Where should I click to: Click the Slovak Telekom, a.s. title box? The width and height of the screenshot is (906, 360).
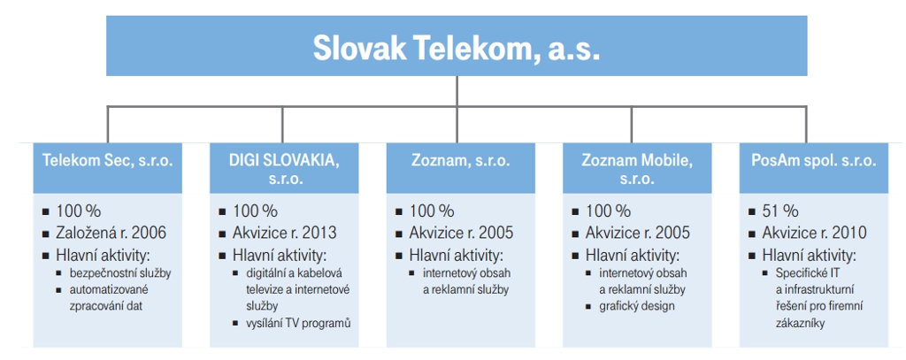457,46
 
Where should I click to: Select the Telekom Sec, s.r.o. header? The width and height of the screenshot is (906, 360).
107,167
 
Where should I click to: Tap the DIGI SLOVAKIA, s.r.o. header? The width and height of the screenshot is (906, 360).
284,167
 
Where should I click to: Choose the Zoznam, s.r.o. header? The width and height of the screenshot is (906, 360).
460,167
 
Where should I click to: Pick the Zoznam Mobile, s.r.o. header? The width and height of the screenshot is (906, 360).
637,167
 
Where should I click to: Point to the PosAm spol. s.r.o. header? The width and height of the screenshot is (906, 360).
814,167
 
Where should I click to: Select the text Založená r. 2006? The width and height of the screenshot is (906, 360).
111,233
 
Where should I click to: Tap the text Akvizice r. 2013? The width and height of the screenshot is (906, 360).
284,233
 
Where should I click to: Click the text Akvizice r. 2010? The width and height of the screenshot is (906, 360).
814,233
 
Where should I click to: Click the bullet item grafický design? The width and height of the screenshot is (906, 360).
637,306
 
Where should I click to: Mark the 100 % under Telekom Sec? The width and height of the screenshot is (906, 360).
79,211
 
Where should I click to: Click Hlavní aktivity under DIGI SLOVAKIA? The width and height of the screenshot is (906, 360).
280,255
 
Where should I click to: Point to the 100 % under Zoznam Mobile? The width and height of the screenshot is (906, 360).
609,211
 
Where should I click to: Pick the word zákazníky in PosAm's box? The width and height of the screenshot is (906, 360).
800,323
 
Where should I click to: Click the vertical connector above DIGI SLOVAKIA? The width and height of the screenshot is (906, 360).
282,125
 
